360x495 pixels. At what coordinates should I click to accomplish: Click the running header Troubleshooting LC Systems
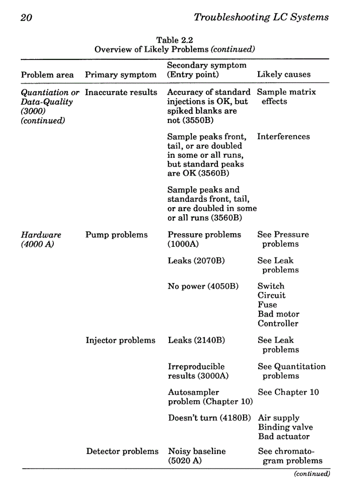[x=261, y=17]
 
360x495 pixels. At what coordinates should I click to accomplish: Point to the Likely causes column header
[x=284, y=74]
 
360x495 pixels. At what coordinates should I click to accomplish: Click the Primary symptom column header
[x=120, y=74]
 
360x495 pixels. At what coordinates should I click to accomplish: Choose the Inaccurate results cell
[x=121, y=92]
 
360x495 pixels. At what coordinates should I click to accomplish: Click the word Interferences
[x=283, y=137]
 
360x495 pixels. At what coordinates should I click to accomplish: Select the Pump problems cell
[x=116, y=234]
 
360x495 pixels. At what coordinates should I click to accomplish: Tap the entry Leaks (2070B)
[x=196, y=261]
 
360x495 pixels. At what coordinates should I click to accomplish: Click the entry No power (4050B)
[x=203, y=287]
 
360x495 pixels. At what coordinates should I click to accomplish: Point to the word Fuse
[x=267, y=305]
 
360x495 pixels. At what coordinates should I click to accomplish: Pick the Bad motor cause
[x=278, y=314]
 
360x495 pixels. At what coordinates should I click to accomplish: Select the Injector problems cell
[x=120, y=340]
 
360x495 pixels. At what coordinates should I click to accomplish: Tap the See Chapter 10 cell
[x=288, y=392]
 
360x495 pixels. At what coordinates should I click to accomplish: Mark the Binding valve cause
[x=285, y=427]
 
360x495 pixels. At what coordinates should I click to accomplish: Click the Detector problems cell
[x=122, y=451]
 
